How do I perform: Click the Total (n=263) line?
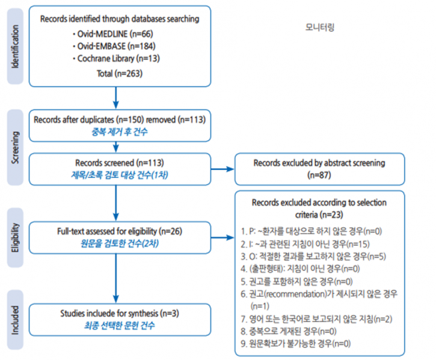pyautogui.click(x=120, y=73)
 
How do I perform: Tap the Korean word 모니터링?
pyautogui.click(x=319, y=27)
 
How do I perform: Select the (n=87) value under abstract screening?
pyautogui.click(x=320, y=175)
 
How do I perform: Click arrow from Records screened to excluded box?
pyautogui.click(x=222, y=169)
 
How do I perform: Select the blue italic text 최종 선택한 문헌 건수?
pyautogui.click(x=119, y=326)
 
